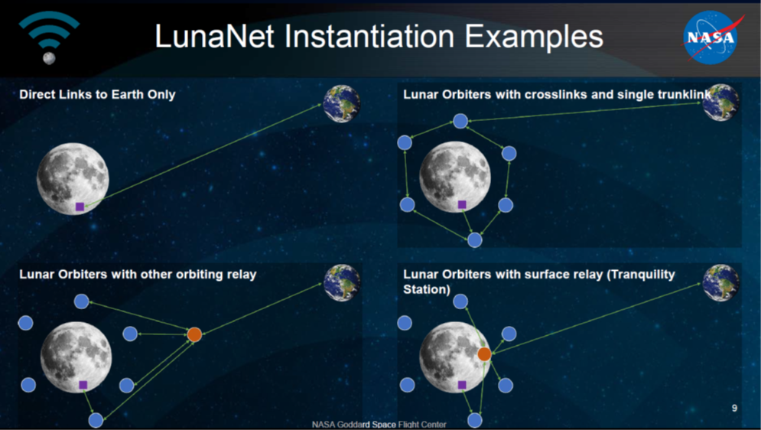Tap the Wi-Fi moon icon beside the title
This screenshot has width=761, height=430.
[x=49, y=37]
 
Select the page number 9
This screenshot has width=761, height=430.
[x=734, y=408]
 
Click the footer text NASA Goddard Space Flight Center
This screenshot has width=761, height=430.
[x=379, y=425]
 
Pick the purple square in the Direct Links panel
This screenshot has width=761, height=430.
[x=80, y=207]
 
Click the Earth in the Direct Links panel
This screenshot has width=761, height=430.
[x=342, y=103]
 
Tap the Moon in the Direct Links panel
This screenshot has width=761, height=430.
[x=73, y=178]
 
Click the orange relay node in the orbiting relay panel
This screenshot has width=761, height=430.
[x=194, y=334]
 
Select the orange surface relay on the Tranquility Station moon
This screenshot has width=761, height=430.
[x=484, y=354]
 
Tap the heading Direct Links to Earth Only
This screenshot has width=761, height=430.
[x=97, y=94]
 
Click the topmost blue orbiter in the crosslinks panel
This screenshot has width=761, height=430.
[x=460, y=121]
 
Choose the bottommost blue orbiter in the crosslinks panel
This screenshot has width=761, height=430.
[x=475, y=239]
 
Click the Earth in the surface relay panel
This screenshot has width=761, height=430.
[x=721, y=283]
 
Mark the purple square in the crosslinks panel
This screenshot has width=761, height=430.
[x=462, y=205]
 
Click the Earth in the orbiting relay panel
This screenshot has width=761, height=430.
[x=342, y=283]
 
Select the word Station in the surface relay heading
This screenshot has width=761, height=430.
[x=427, y=289]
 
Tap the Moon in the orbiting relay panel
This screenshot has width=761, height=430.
[x=76, y=357]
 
